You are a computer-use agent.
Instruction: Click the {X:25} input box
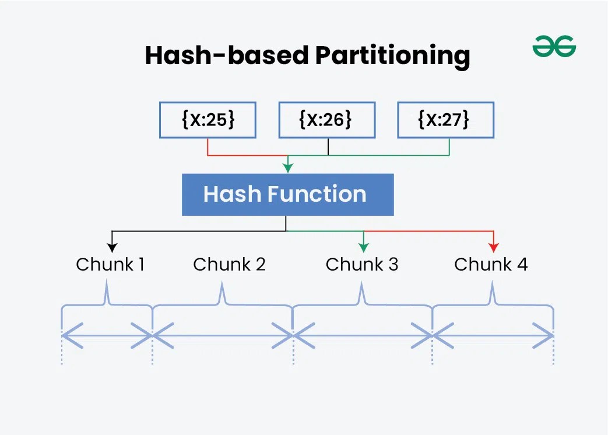pos(208,120)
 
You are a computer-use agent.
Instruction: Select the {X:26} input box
pos(327,120)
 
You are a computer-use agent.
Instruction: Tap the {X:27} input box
pos(446,120)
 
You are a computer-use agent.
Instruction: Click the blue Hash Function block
pos(287,195)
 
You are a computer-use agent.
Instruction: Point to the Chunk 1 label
pos(110,264)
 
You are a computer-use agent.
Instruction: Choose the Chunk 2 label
pos(229,264)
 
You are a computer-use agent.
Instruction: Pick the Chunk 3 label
pos(361,264)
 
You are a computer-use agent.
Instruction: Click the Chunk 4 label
pos(491,264)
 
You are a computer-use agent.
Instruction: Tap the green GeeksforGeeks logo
pos(554,46)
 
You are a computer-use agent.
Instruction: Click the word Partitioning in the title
pos(392,56)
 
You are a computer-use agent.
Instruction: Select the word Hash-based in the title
pos(227,56)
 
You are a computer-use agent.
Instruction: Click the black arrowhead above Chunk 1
pos(112,247)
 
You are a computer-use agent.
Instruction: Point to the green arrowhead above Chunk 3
pos(364,247)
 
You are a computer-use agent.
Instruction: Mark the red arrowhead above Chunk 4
pos(494,247)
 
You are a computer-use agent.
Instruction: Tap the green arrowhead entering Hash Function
pos(287,169)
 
